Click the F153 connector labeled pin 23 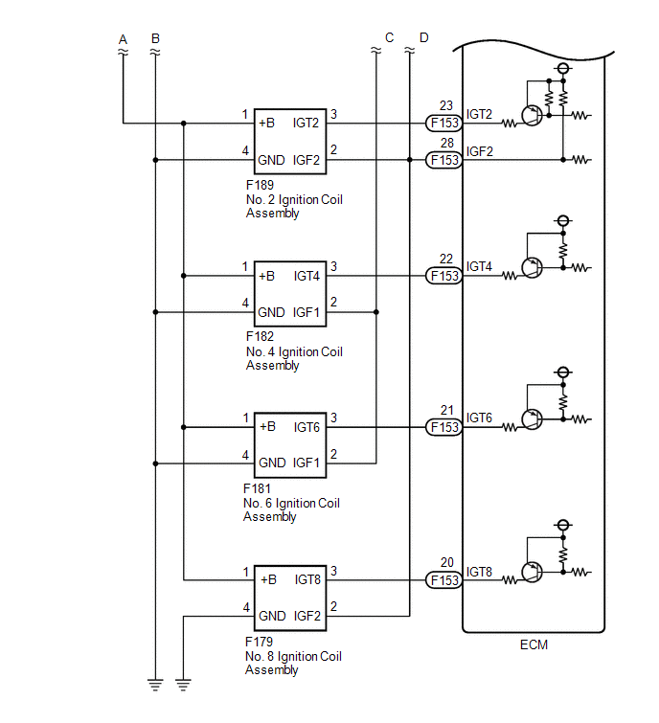tap(443, 124)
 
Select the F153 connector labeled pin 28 tap(443, 160)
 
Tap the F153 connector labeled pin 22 tap(443, 276)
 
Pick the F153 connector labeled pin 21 tap(443, 427)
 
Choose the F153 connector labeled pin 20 tap(443, 580)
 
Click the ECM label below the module tap(534, 644)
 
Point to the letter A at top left tap(123, 39)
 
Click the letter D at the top tap(423, 37)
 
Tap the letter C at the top tap(389, 37)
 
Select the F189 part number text tap(260, 185)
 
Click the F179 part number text tap(259, 642)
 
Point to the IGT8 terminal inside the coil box tap(307, 579)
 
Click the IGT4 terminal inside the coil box tap(307, 276)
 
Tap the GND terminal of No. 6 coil tap(272, 463)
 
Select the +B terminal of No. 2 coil tap(266, 124)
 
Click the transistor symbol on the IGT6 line tap(532, 419)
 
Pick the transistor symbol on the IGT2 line tap(532, 115)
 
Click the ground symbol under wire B tap(155, 685)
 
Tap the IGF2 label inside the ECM tap(479, 151)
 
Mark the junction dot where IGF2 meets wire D tap(410, 160)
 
